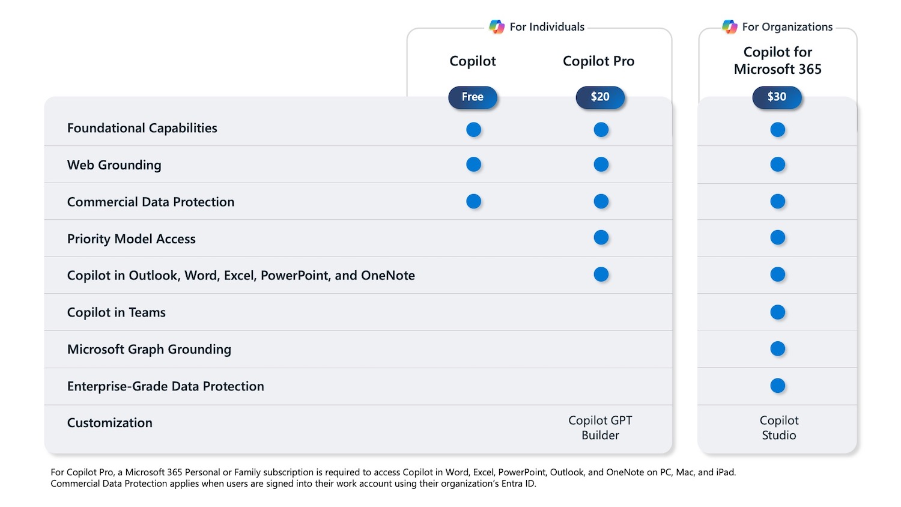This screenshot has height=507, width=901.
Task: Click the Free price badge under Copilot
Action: point(473,97)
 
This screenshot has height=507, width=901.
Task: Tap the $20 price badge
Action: point(600,97)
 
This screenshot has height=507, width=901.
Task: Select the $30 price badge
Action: point(777,97)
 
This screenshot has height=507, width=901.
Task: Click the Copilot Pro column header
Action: point(598,61)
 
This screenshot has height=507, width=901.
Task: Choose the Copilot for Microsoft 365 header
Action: point(777,61)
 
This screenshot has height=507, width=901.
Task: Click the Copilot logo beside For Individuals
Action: point(497,27)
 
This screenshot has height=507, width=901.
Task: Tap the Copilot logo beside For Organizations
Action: point(729,27)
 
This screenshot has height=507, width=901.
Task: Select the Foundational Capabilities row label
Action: point(142,128)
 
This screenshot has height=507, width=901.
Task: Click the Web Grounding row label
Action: point(114,165)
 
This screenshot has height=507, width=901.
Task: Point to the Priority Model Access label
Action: point(132,239)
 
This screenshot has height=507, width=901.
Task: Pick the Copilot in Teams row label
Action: point(117,312)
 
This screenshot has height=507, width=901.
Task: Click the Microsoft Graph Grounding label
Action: point(149,350)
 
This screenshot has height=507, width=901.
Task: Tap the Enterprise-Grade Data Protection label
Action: point(166,386)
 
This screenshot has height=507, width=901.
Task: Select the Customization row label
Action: point(110,423)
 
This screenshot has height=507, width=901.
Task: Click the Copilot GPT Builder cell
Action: point(600,428)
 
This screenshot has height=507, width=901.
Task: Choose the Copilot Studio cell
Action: point(778,428)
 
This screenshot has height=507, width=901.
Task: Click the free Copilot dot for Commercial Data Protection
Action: point(473,201)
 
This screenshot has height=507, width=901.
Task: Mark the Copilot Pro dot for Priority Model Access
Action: point(601,238)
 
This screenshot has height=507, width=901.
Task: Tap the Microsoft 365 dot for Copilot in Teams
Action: point(777,312)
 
